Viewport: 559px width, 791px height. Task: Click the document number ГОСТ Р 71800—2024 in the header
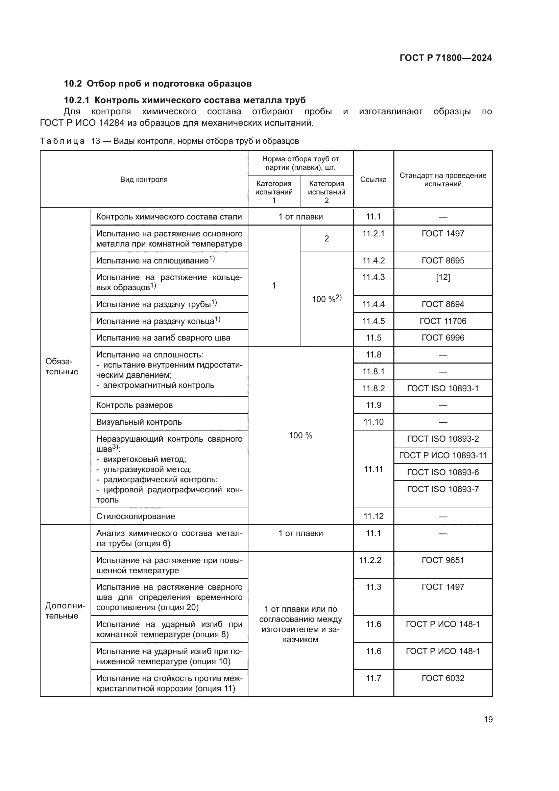click(x=445, y=58)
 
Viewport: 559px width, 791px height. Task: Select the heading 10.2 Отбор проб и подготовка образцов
click(x=157, y=84)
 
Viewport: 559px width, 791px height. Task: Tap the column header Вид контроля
click(x=144, y=180)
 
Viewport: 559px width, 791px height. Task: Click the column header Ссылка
click(x=373, y=180)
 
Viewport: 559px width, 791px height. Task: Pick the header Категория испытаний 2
click(x=326, y=192)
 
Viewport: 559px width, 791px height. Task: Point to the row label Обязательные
click(x=62, y=367)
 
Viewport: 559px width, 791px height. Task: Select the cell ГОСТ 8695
click(x=443, y=260)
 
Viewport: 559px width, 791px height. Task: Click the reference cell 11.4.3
click(x=373, y=277)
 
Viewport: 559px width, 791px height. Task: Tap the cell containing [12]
click(x=443, y=277)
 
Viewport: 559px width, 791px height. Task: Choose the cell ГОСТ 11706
click(x=443, y=321)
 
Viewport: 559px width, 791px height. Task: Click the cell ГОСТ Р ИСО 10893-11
click(x=443, y=456)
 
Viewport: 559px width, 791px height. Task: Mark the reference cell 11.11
click(x=373, y=469)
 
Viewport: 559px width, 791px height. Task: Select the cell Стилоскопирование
click(x=136, y=516)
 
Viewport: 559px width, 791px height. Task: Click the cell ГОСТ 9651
click(x=443, y=560)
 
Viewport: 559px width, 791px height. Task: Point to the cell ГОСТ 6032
click(x=443, y=678)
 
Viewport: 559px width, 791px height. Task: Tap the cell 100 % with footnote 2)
click(x=326, y=299)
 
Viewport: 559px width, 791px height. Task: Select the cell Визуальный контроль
click(x=139, y=422)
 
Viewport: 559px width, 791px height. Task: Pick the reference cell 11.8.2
click(x=373, y=389)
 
